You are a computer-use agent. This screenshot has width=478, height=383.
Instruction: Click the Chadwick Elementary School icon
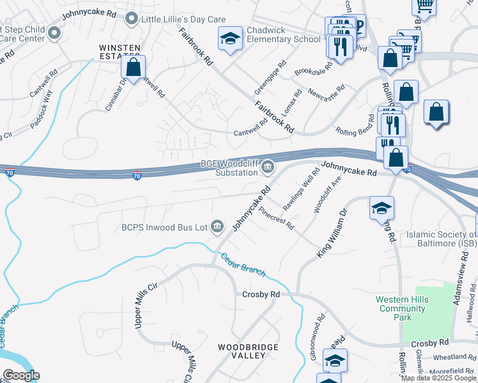tap(230, 39)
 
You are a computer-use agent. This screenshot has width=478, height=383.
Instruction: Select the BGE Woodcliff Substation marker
tap(268, 168)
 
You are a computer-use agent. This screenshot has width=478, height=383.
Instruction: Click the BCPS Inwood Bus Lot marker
tap(218, 226)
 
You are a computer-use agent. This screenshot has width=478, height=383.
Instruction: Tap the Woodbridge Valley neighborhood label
tap(248, 351)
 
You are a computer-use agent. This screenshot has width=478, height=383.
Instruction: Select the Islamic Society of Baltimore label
tap(442, 239)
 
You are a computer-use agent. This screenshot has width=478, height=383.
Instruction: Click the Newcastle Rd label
tap(326, 94)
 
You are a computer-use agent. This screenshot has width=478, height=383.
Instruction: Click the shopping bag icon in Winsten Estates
tap(134, 68)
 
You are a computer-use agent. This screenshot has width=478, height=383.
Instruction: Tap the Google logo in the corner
tap(21, 375)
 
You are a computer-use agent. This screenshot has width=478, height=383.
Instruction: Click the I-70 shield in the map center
tap(137, 176)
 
